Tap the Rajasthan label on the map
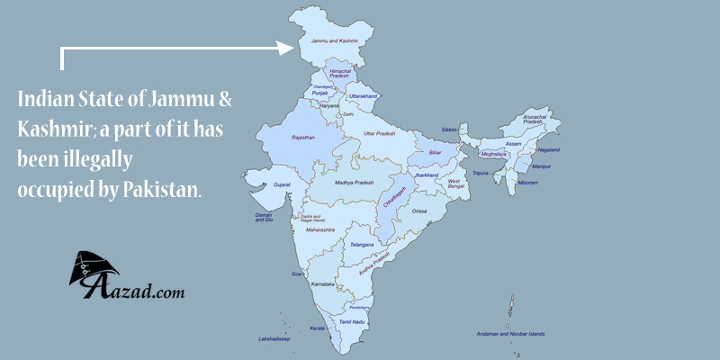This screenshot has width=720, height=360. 302,137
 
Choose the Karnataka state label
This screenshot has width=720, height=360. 325,283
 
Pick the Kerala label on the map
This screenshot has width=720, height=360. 317,328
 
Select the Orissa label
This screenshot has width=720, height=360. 420,211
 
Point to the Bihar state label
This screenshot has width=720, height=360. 435,153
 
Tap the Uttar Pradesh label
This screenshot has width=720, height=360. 380,133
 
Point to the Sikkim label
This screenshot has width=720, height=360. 449,130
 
